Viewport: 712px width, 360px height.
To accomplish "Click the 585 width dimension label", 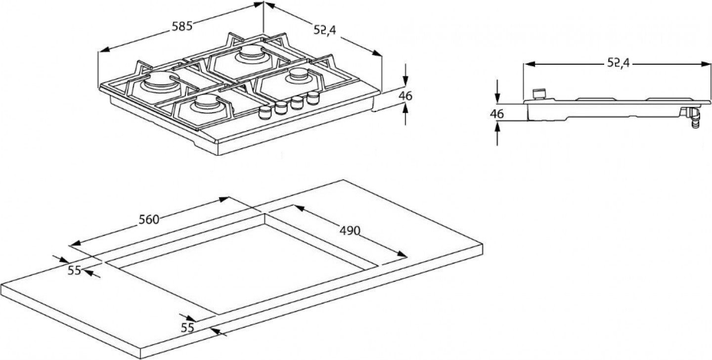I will point(181,27).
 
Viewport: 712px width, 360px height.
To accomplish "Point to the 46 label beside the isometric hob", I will point(405,96).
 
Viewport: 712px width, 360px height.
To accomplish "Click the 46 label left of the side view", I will point(496,114).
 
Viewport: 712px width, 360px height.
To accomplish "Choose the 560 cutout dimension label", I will point(148,220).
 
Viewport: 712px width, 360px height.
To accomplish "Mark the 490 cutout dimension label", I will point(350,230).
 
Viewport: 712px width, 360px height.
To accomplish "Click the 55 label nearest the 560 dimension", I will point(75,270).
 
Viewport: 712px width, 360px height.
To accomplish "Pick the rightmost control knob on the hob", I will point(312,97).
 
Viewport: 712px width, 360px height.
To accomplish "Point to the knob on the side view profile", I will point(539,93).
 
